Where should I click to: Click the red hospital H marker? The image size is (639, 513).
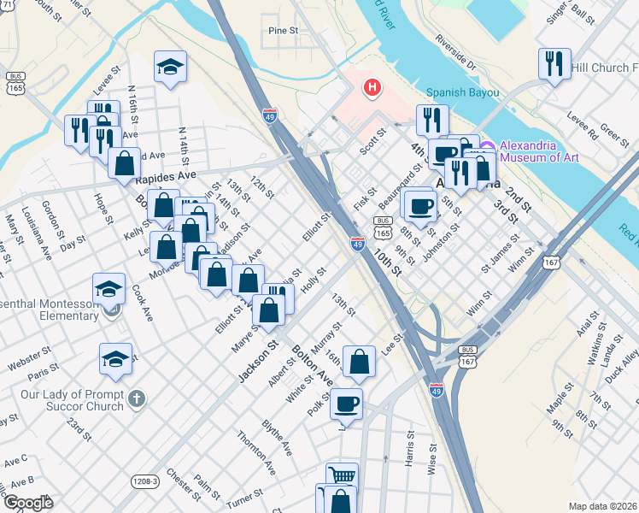[x=372, y=86]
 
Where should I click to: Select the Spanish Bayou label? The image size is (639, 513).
[x=463, y=91]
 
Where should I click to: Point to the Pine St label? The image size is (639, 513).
[x=281, y=30]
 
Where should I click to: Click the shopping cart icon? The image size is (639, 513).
[x=342, y=475]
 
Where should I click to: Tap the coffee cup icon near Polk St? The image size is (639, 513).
[x=346, y=403]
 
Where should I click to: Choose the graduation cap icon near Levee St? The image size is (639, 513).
[x=170, y=68]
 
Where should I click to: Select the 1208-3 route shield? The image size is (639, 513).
[x=146, y=482]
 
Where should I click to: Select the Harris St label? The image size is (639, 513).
[x=409, y=448]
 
